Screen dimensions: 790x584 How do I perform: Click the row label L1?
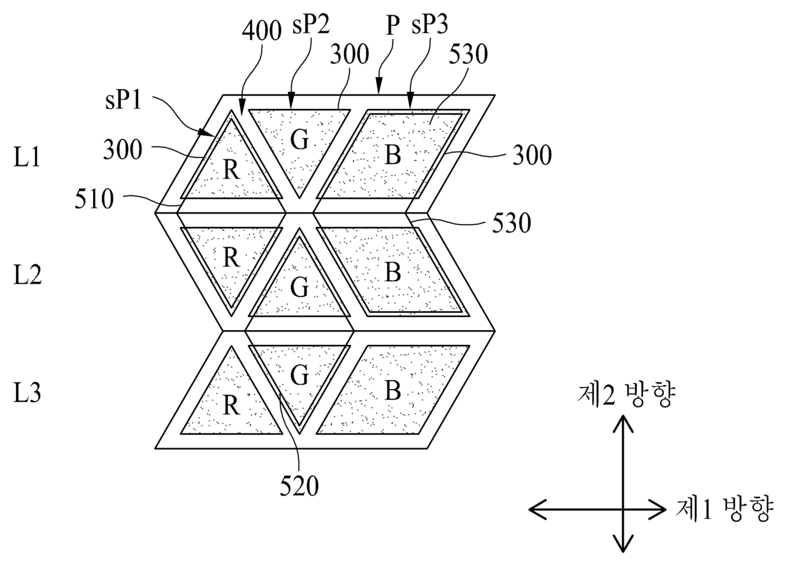[26, 157]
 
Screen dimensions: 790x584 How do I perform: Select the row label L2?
[27, 275]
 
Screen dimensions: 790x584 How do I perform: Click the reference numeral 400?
[262, 31]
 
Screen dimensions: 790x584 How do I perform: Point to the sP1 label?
[123, 100]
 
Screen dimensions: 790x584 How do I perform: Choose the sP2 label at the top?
[311, 24]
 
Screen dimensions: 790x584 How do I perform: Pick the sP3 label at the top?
[429, 24]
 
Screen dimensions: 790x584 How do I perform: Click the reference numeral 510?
[94, 199]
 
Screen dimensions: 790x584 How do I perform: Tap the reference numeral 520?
[299, 486]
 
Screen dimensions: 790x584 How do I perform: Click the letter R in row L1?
[231, 170]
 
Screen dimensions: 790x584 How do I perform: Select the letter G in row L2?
[299, 288]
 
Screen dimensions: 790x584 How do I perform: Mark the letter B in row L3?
[393, 390]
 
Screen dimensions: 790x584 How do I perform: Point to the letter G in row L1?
[299, 140]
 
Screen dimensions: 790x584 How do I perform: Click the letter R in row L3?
[231, 405]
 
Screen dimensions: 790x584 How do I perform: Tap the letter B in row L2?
[393, 272]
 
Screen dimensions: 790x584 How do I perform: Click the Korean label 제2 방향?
[626, 395]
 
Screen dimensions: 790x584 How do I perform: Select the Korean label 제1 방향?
[724, 509]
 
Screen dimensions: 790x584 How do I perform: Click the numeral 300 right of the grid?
[532, 156]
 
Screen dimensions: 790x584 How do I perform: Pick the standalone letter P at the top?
[392, 26]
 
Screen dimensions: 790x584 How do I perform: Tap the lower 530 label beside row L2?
[512, 223]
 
